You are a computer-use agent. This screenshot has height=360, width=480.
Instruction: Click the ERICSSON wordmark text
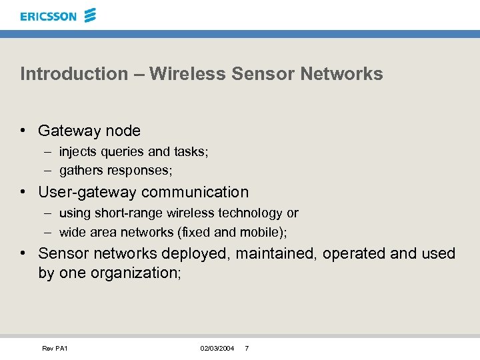pyautogui.click(x=48, y=16)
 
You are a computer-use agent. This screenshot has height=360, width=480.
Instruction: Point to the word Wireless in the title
pyautogui.click(x=188, y=73)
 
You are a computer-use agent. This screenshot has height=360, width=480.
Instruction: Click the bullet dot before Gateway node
pyautogui.click(x=23, y=131)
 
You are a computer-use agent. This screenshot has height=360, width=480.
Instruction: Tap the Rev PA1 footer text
pyautogui.click(x=55, y=349)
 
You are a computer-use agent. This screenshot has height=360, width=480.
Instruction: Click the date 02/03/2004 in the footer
pyautogui.click(x=217, y=349)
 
